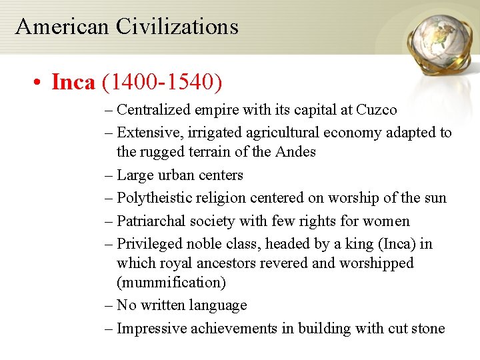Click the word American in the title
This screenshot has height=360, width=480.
(62, 27)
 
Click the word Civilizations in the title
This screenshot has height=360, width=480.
(177, 27)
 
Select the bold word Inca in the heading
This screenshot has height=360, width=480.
(73, 83)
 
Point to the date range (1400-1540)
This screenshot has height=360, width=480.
(162, 83)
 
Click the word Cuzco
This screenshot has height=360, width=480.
(377, 110)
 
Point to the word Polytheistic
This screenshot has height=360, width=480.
(155, 198)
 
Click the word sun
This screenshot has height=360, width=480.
(435, 198)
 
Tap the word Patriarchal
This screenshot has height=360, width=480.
(153, 221)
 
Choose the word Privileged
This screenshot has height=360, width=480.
(150, 244)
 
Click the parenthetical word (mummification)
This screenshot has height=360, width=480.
(171, 283)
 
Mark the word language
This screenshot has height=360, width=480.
(218, 305)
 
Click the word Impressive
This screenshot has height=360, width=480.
(152, 328)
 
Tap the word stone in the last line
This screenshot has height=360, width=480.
(427, 328)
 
